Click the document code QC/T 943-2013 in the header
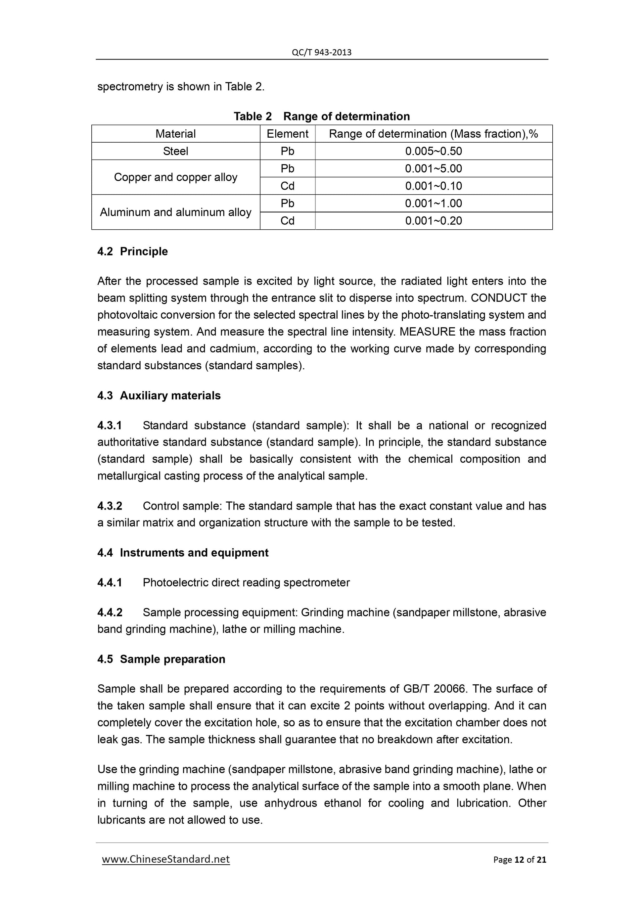point(321,52)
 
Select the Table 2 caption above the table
point(321,116)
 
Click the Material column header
point(175,134)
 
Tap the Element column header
point(287,134)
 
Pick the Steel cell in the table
point(175,151)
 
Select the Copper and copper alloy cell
point(175,177)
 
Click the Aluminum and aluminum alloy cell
point(175,212)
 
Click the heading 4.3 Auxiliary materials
point(159,395)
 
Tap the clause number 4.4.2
point(110,613)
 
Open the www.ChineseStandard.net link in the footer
point(166,859)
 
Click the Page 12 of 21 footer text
point(520,860)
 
